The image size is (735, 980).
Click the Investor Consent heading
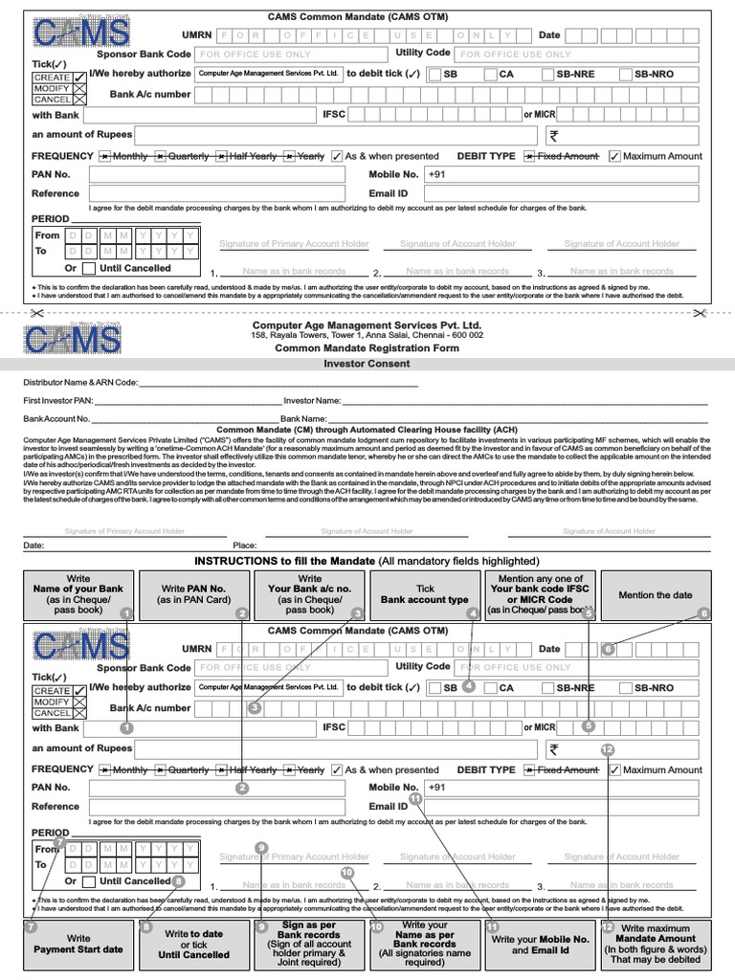coord(367,365)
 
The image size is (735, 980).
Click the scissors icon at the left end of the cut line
coord(35,312)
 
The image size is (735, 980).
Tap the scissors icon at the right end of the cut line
coord(699,312)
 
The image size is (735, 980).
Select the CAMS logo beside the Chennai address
coord(73,339)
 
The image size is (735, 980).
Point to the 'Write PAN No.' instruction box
coord(193,594)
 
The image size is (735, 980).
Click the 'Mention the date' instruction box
coord(656,594)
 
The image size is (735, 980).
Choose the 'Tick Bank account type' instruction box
coord(425,594)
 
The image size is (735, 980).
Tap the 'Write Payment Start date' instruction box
coord(78,945)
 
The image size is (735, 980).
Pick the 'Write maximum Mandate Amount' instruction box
coord(656,945)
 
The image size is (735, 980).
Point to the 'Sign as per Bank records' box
coord(309,945)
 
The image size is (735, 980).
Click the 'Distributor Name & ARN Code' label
coord(80,383)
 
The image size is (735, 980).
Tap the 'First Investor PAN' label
coord(59,400)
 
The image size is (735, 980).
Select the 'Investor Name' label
coord(312,400)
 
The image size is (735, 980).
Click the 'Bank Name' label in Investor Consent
coord(303,418)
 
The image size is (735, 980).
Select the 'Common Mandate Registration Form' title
coord(367,348)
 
